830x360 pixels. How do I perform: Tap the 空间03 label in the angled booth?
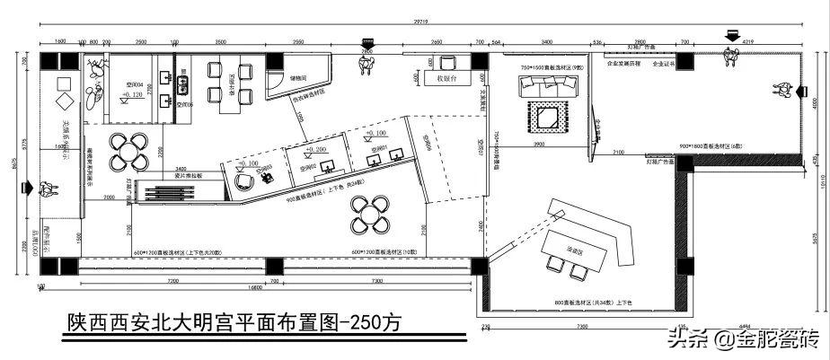[x=264, y=167]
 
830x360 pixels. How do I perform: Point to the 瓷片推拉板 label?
[x=190, y=176]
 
